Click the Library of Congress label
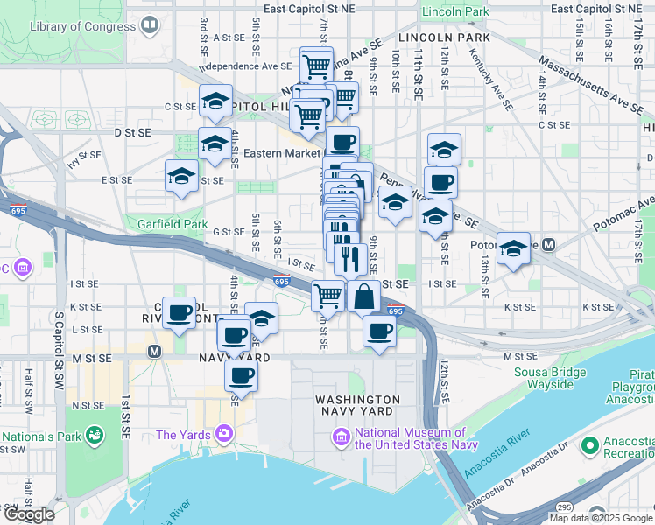tap(84, 27)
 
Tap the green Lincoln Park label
tap(454, 12)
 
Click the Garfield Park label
tap(171, 224)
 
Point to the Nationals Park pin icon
tap(93, 435)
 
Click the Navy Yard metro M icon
tap(154, 352)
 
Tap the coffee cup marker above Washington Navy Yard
tap(379, 332)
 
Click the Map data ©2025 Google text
tap(602, 518)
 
